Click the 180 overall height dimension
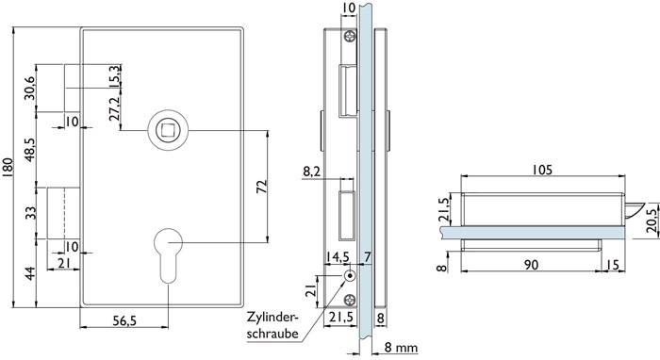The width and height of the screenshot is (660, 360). click(8, 166)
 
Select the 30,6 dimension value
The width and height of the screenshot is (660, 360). click(30, 87)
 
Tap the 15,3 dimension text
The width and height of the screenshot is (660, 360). click(114, 76)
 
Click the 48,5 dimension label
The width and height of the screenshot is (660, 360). click(30, 151)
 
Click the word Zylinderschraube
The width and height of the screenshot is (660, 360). click(273, 324)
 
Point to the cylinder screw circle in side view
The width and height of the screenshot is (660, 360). click(350, 276)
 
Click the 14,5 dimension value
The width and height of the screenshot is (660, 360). click(337, 257)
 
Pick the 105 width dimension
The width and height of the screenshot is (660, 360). click(542, 171)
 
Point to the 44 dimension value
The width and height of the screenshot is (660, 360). click(30, 274)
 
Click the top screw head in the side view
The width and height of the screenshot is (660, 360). click(350, 37)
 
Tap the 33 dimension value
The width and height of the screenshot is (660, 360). click(30, 213)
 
